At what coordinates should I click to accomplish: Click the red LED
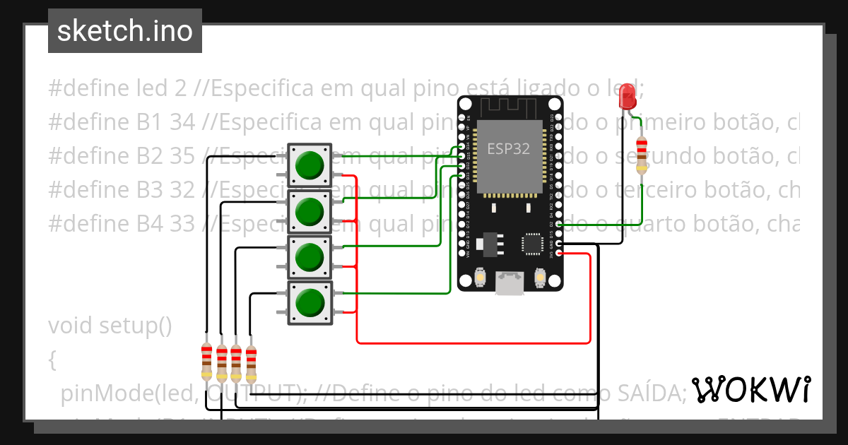pyautogui.click(x=627, y=97)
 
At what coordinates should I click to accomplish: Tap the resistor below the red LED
pyautogui.click(x=642, y=155)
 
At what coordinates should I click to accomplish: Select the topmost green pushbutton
pyautogui.click(x=309, y=165)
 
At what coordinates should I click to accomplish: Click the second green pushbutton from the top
pyautogui.click(x=309, y=210)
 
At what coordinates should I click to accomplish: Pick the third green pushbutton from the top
pyautogui.click(x=309, y=257)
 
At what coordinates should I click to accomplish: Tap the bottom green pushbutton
pyautogui.click(x=309, y=303)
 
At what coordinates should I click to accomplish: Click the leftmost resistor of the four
pyautogui.click(x=206, y=360)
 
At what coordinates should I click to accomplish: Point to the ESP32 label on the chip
pyautogui.click(x=510, y=149)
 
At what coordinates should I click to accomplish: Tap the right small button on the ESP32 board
pyautogui.click(x=541, y=277)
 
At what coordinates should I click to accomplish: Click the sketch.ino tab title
pyautogui.click(x=124, y=31)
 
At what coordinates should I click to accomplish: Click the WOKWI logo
pyautogui.click(x=751, y=389)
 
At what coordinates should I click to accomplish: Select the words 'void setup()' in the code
pyautogui.click(x=110, y=326)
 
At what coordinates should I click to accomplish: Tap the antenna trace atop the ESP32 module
pyautogui.click(x=510, y=108)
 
